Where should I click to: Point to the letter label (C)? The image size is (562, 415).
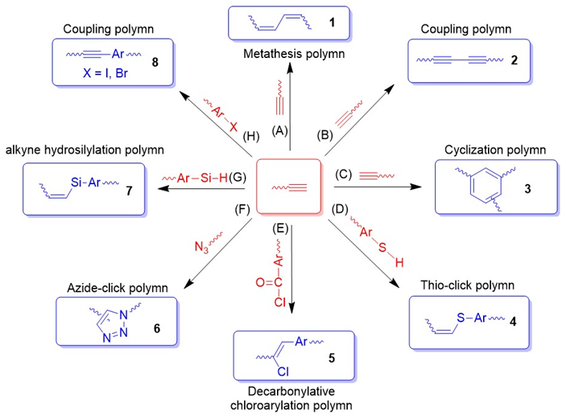(x=341, y=174)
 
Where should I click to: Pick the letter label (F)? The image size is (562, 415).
(x=238, y=212)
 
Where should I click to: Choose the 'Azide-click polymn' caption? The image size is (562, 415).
(x=102, y=287)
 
